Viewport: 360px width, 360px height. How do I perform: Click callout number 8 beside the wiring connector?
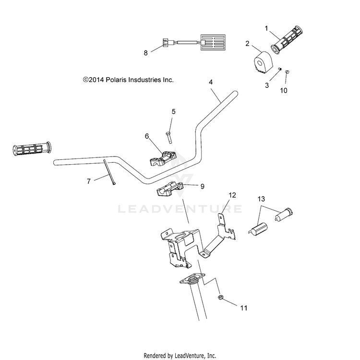pos(145,53)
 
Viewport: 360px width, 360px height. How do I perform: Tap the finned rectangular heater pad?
pos(213,42)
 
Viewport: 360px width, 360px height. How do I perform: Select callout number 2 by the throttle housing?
pos(247,43)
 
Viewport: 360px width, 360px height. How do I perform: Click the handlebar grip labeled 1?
pos(287,40)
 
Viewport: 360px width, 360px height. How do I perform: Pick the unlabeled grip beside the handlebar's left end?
pos(32,149)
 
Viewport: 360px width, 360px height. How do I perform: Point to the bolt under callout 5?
pos(169,138)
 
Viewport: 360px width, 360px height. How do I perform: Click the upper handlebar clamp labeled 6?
pos(163,159)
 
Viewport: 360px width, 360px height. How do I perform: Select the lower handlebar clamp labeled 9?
pos(170,189)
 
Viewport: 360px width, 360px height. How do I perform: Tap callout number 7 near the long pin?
pos(89,181)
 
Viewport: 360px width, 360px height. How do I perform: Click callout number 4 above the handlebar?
pos(211,82)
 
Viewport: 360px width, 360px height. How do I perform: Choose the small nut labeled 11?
pos(221,297)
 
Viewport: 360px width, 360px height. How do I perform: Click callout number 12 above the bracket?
pos(232,195)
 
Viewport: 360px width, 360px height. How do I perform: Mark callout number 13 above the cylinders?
pos(261,199)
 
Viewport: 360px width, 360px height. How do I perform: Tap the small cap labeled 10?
pos(287,72)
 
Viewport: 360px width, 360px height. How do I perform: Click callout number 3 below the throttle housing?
pos(267,85)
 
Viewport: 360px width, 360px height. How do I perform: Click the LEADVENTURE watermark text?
pos(180,209)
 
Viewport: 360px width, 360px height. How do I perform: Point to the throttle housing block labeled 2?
pos(263,62)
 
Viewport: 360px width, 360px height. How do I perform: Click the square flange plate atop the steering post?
pos(192,278)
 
